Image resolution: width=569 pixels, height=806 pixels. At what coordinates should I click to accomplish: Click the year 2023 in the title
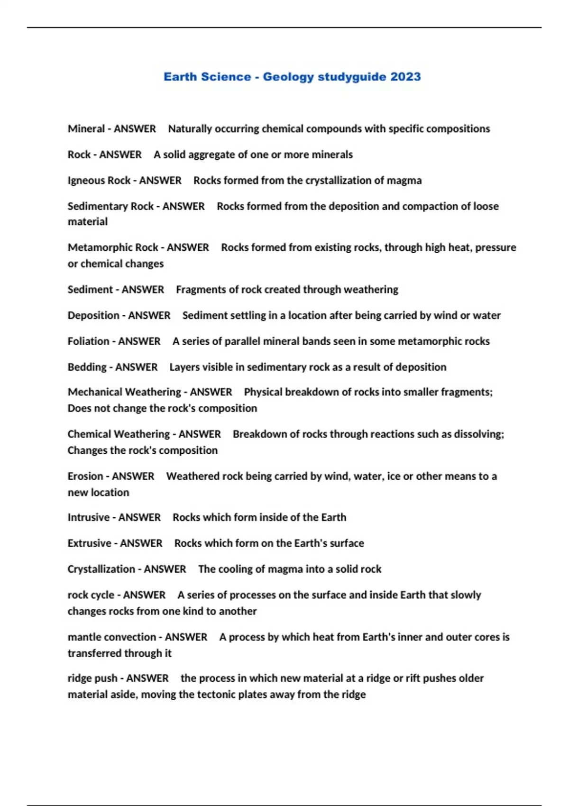(405, 77)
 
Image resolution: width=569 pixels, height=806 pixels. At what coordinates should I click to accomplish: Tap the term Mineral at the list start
(86, 129)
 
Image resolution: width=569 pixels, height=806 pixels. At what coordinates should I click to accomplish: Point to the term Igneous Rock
(99, 181)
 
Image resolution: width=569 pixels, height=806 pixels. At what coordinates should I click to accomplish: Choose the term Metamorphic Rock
(112, 247)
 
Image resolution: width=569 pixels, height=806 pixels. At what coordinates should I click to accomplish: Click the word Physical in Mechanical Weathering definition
(262, 392)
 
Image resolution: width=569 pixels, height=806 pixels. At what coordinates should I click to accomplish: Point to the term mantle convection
(111, 637)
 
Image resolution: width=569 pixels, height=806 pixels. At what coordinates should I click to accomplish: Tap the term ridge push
(92, 678)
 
